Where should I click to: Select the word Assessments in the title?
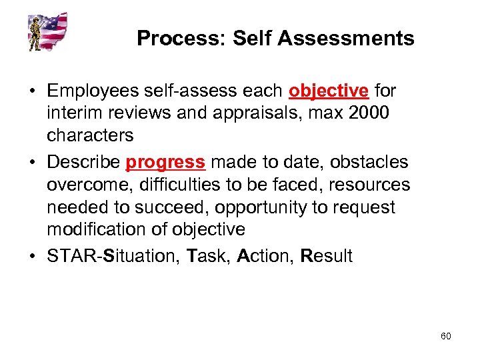[346, 39]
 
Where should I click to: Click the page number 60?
[445, 336]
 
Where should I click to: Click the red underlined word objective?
[329, 91]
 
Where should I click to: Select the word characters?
[90, 135]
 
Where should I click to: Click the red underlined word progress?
[165, 162]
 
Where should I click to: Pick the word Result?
[327, 256]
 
